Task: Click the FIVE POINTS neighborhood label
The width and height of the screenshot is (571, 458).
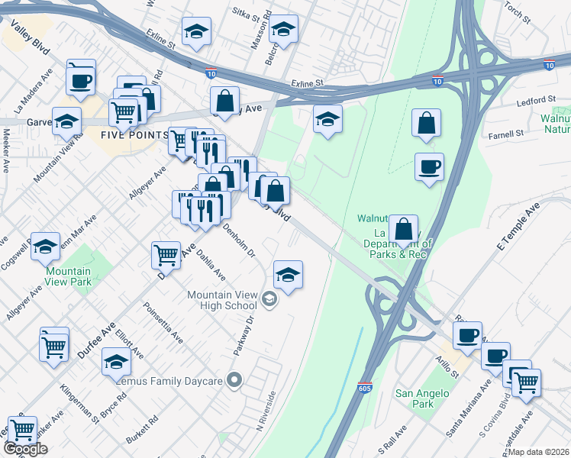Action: point(134,134)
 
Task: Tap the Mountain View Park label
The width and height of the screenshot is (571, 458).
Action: point(68,276)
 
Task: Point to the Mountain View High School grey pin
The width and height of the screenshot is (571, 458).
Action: point(269,298)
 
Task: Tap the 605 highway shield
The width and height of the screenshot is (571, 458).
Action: point(365,388)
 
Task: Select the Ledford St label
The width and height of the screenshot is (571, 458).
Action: point(536,100)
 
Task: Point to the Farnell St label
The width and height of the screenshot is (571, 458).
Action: point(507,134)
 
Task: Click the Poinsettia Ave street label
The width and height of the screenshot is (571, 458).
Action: point(163,321)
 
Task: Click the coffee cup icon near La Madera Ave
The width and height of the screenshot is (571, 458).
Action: point(81,79)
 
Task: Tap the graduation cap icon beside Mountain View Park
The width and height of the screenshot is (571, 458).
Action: point(46,246)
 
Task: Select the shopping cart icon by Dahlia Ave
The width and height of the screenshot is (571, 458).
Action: point(166,254)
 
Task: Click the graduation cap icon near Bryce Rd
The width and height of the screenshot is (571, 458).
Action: point(116,360)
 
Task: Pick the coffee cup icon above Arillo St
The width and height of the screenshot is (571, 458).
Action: point(467,334)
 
